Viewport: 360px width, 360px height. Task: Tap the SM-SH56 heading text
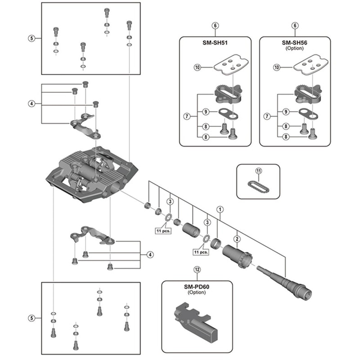294,43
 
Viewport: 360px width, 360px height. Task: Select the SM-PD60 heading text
197,287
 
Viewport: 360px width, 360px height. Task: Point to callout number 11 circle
258,171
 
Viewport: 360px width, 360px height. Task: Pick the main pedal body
90,173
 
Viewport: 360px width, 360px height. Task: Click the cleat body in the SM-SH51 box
229,93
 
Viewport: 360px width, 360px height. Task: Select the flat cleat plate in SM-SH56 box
311,65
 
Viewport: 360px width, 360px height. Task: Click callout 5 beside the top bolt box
31,39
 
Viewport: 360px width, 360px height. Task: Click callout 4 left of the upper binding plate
31,103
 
